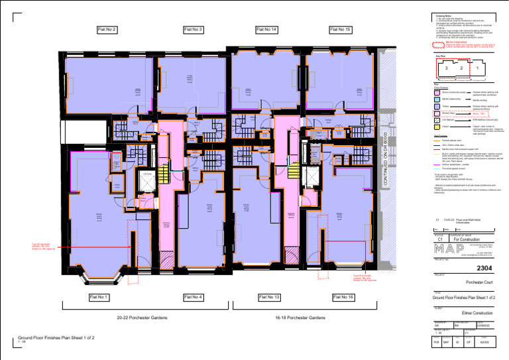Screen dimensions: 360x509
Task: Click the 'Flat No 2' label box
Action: point(107,30)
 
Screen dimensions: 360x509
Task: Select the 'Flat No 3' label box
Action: point(192,30)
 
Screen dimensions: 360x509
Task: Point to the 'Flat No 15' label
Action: point(340,30)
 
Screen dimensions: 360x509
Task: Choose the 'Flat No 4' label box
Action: point(192,296)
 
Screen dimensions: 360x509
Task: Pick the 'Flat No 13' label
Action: point(269,296)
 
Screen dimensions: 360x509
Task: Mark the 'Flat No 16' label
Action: point(343,296)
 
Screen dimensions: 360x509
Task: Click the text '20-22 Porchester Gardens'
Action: point(142,318)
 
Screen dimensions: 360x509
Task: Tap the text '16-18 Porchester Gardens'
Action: point(300,318)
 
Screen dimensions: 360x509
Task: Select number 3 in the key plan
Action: point(447,68)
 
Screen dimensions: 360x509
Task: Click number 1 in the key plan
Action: point(477,68)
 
